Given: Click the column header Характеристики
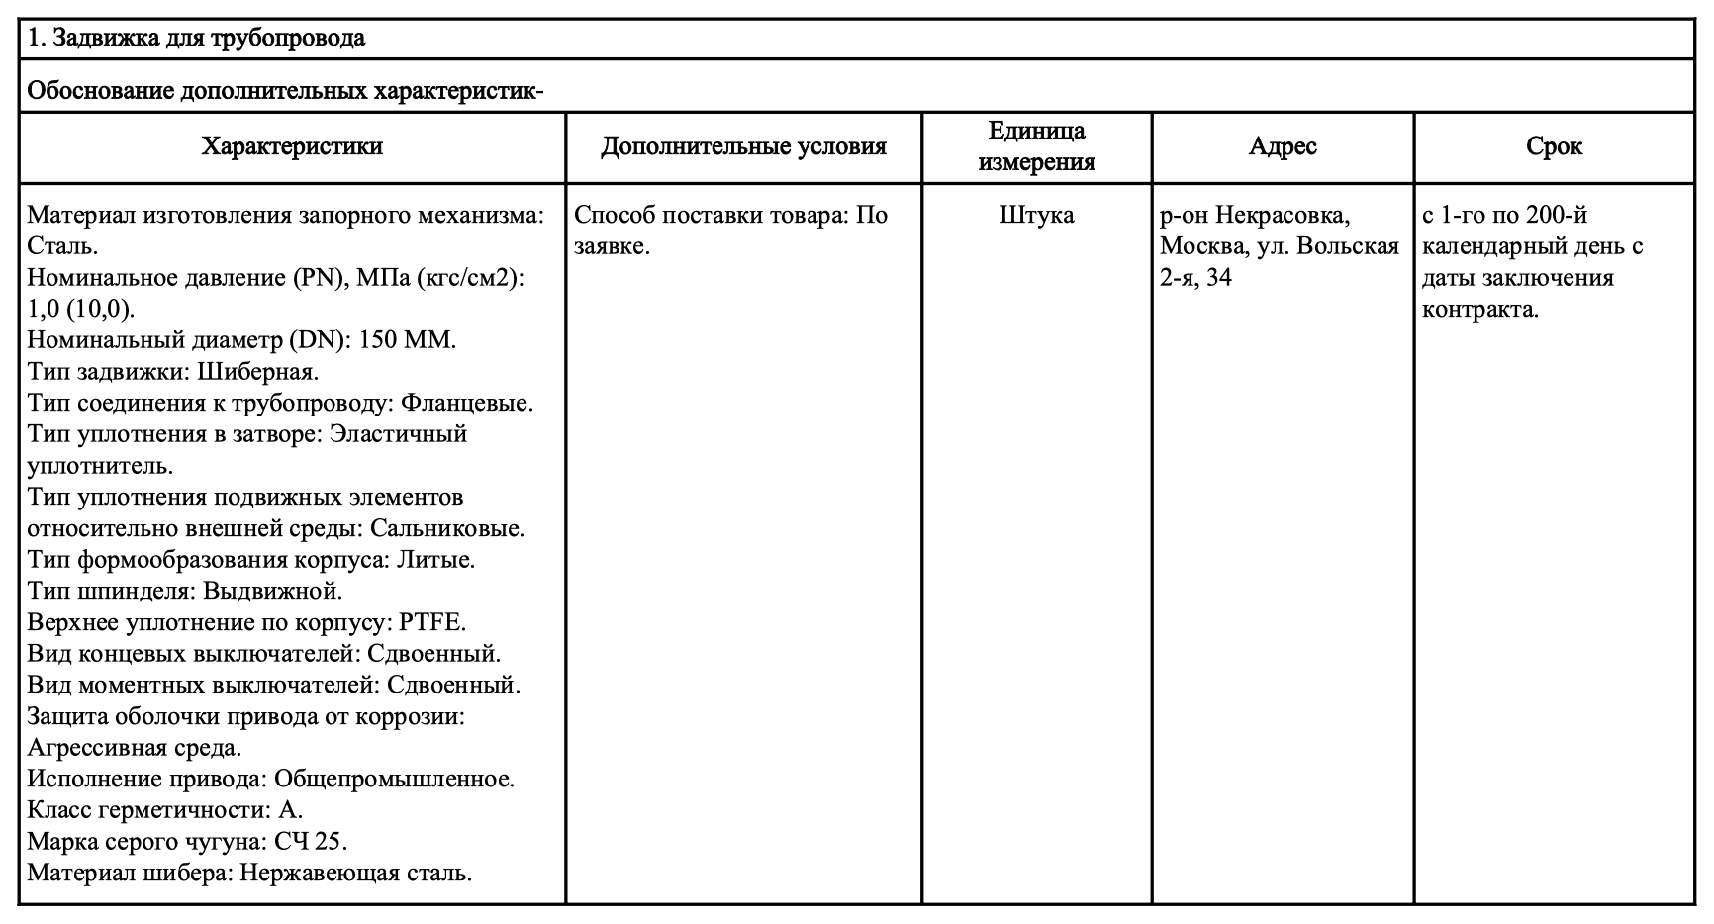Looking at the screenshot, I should click(292, 147).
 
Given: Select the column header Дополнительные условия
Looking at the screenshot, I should click(743, 147).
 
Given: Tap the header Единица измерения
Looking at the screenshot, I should click(1036, 147).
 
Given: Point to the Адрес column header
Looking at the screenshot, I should click(1283, 147).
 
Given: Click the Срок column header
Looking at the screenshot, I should click(1554, 147).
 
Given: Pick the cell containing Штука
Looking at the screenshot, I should click(1036, 215).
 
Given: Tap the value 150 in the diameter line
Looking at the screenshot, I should click(379, 340).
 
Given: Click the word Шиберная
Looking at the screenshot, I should click(258, 372).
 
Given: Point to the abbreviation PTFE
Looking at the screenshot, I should click(430, 622).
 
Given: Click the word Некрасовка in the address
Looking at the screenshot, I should click(1283, 215).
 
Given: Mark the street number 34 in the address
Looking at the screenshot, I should click(1219, 278).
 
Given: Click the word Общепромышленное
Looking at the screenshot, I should click(394, 779).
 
